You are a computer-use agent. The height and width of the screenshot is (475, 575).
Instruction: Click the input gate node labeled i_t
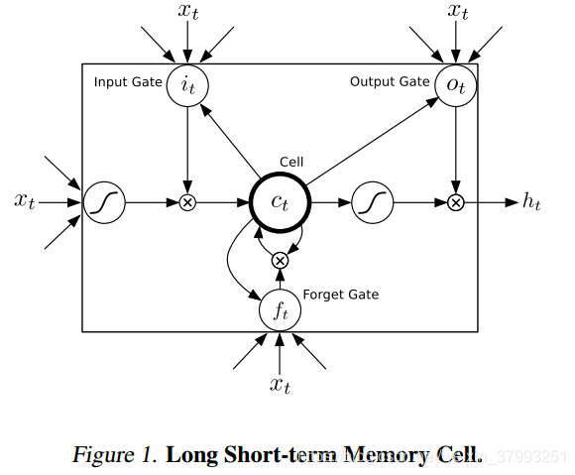[186, 84]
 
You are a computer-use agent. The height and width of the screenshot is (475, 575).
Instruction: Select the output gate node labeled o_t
[455, 84]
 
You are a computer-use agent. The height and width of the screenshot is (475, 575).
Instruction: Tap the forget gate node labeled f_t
[280, 311]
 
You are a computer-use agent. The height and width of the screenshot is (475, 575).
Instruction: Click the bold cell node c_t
[280, 202]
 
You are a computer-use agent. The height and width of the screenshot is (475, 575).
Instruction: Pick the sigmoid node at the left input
[102, 202]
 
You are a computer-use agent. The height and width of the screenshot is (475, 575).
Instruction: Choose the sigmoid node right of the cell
[371, 202]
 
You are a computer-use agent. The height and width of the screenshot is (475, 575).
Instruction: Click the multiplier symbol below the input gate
[186, 202]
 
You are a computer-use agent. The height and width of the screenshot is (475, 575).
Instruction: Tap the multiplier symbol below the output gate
[455, 202]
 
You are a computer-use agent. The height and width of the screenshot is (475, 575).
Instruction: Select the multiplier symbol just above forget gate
[280, 260]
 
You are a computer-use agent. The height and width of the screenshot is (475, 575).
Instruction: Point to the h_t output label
[532, 202]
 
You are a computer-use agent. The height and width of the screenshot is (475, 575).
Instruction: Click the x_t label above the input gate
[187, 13]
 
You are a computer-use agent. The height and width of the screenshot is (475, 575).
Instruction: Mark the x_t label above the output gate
[457, 13]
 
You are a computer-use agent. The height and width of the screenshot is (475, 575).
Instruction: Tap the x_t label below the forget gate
[280, 385]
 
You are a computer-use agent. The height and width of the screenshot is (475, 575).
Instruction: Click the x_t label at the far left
[26, 201]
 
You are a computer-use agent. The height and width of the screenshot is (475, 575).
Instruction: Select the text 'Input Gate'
[127, 81]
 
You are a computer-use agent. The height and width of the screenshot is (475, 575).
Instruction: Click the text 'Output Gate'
[390, 81]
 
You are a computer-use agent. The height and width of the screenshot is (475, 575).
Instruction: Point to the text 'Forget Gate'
[340, 295]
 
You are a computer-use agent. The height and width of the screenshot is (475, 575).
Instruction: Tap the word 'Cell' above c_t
[291, 162]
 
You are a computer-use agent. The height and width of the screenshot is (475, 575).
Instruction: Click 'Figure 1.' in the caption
[113, 455]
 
